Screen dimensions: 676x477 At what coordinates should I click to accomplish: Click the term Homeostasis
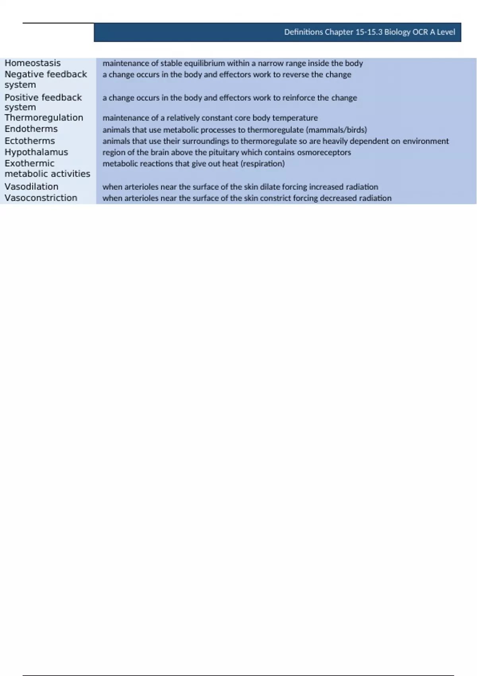[x=33, y=63]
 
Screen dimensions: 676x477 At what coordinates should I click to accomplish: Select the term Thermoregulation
[x=44, y=118]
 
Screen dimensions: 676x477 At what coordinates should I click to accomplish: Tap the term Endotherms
[x=31, y=129]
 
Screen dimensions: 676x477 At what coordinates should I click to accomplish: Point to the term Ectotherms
[x=30, y=141]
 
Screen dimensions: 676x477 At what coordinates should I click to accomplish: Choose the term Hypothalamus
[x=36, y=152]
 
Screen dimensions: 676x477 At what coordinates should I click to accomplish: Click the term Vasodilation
[x=31, y=186]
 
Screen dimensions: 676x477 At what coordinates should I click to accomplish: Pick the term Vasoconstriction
[x=41, y=198]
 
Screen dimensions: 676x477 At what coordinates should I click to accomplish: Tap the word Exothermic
[x=29, y=163]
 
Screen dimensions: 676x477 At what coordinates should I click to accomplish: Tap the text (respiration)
[x=262, y=163]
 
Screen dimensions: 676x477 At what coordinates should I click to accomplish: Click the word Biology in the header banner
[x=397, y=32]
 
